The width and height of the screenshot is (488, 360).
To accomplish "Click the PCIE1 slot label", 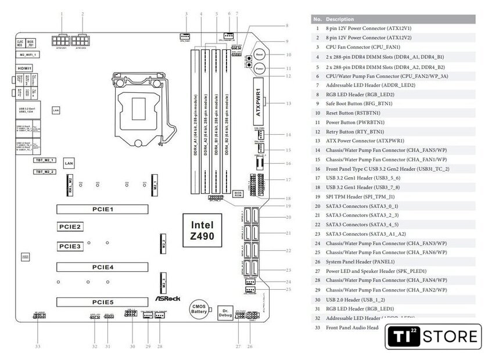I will [x=102, y=209].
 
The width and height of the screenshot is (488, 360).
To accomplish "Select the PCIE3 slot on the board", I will [x=69, y=247].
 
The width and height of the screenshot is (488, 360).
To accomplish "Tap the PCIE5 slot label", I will [x=102, y=302].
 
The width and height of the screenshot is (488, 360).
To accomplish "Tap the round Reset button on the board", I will [x=260, y=54].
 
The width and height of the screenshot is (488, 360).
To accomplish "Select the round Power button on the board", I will [x=260, y=69].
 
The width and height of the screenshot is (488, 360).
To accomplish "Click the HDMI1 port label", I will [x=24, y=68].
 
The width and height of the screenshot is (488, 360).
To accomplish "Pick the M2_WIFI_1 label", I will [x=28, y=54].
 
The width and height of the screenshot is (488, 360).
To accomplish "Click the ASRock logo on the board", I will [x=167, y=299].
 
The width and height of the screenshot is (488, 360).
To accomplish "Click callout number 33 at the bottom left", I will [x=38, y=347].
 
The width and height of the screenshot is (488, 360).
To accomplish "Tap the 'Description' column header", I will [x=339, y=19].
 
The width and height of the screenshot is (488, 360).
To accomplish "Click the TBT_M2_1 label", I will [x=45, y=159].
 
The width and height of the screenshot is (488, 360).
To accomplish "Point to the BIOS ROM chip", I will [x=238, y=194].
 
